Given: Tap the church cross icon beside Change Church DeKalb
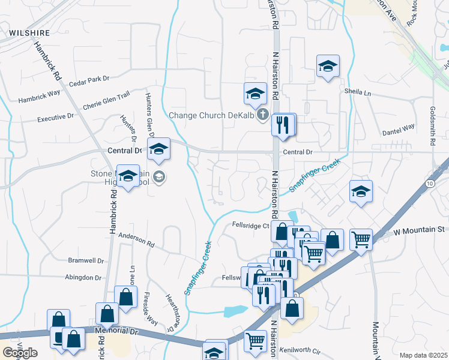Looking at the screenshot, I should tap(262, 115).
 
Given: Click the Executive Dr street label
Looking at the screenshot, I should tap(55, 118).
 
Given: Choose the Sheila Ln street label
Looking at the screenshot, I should tap(358, 93).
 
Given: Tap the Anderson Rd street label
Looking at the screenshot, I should tap(136, 240).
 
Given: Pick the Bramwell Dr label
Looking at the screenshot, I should tap(86, 262).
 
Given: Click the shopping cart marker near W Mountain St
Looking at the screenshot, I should tap(361, 239).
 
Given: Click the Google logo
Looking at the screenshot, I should tap(20, 353).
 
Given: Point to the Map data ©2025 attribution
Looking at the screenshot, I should tap(423, 355).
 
